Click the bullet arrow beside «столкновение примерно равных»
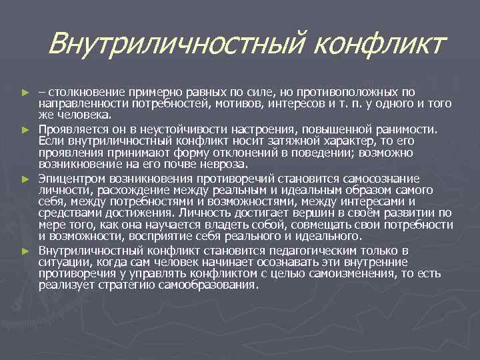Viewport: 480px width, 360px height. click(x=26, y=91)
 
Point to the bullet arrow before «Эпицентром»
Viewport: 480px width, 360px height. click(x=26, y=179)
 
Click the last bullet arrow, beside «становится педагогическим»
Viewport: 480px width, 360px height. click(x=26, y=251)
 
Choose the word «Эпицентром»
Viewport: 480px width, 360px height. click(x=72, y=179)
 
